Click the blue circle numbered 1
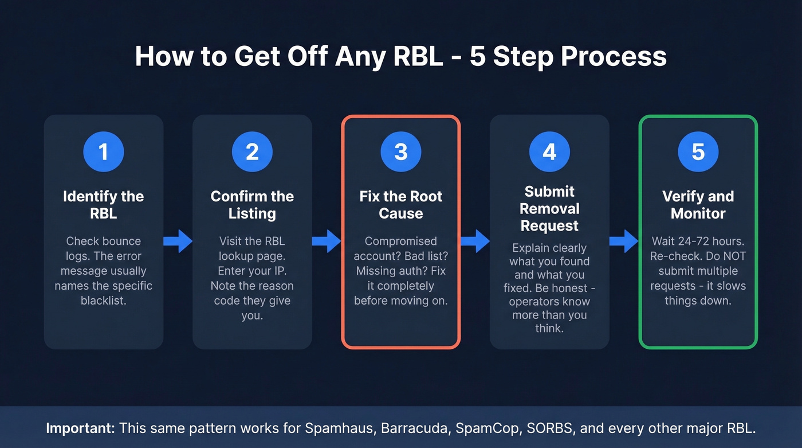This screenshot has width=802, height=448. point(104,152)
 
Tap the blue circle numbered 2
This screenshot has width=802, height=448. point(252,152)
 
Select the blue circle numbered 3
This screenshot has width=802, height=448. point(401,152)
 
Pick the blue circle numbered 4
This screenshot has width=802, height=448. point(549,152)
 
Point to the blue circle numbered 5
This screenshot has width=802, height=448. point(698,152)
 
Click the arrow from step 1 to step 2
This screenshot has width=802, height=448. point(178,241)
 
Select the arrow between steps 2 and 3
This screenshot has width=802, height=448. point(327,241)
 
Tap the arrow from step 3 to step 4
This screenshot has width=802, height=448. point(475,241)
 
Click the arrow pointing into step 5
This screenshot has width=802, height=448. point(623,241)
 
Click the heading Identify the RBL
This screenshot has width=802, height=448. point(104,205)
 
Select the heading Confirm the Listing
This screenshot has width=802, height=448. point(252,205)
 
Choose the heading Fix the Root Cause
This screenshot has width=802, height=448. point(401,205)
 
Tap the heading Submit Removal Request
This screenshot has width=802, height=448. point(549,209)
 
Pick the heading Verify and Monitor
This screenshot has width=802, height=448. point(698,205)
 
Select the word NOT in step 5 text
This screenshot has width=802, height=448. point(733,256)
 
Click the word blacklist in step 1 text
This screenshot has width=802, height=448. point(104,301)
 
